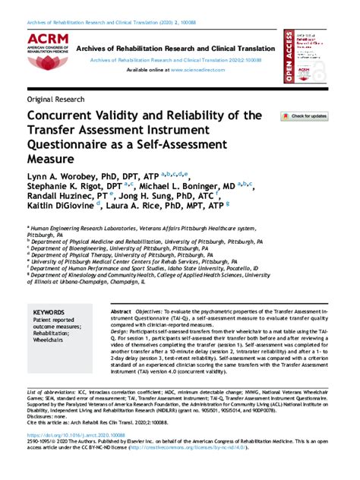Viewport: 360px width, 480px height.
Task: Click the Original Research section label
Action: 55,100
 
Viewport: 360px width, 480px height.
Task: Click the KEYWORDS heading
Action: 49,312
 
